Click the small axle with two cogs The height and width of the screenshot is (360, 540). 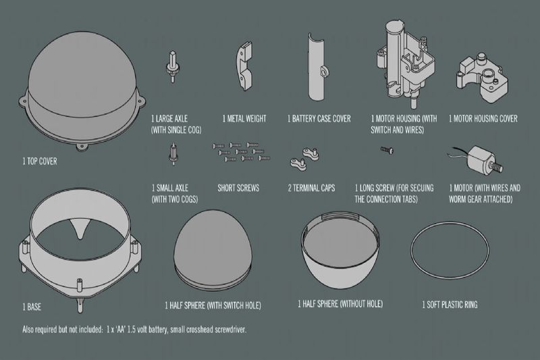pyautogui.click(x=173, y=156)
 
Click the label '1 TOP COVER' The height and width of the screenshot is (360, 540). pyautogui.click(x=40, y=162)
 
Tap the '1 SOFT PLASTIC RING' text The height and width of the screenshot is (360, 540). pyautogui.click(x=450, y=305)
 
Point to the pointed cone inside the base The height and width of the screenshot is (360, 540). pyautogui.click(x=82, y=230)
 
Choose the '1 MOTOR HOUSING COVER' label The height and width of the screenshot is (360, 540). pyautogui.click(x=483, y=119)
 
